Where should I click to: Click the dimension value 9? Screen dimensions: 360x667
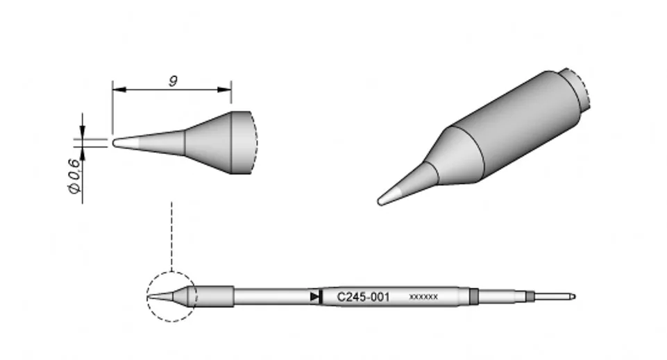click(x=172, y=80)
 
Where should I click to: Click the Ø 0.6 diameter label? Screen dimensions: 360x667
click(x=74, y=177)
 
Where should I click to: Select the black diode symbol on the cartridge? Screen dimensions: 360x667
click(x=316, y=297)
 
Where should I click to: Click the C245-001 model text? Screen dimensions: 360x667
click(x=363, y=297)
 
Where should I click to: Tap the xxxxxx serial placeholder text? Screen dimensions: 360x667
click(x=423, y=298)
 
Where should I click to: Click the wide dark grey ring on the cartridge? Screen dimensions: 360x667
click(x=474, y=297)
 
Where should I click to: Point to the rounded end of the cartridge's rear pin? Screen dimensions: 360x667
click(x=572, y=297)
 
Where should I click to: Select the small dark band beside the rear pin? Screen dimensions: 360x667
click(x=530, y=297)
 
